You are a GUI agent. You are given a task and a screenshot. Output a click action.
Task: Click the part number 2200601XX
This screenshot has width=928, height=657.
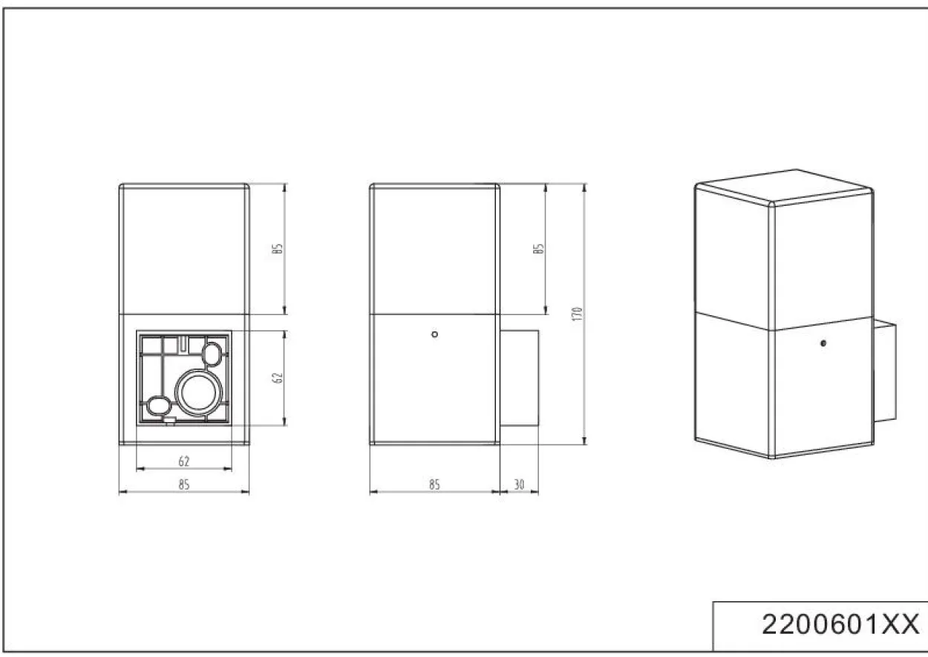pyautogui.click(x=840, y=624)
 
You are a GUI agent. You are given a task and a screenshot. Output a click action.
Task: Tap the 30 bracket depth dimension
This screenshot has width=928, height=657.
pyautogui.click(x=519, y=484)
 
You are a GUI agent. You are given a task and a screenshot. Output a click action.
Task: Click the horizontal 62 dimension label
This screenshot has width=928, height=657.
pyautogui.click(x=184, y=461)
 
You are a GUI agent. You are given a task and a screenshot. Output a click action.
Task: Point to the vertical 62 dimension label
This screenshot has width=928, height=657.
pyautogui.click(x=278, y=378)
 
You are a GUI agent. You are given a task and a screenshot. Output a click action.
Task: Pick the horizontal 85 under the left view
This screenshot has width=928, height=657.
pyautogui.click(x=184, y=484)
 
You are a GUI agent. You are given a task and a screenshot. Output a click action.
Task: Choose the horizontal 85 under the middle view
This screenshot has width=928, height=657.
pyautogui.click(x=434, y=484)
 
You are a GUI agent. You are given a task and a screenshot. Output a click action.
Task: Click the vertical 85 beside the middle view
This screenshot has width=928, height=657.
pyautogui.click(x=538, y=248)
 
